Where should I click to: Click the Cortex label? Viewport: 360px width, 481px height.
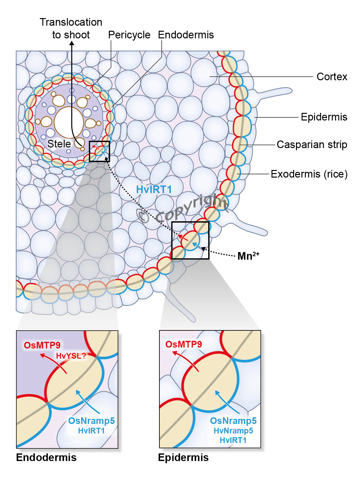[x=331, y=77]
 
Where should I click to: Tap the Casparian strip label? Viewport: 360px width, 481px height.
[x=312, y=145]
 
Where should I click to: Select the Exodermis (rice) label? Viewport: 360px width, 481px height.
[x=309, y=174]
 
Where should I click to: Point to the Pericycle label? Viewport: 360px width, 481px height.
[x=129, y=35]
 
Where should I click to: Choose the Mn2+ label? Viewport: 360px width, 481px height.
[x=248, y=256]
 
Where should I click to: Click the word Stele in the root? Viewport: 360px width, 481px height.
[x=59, y=144]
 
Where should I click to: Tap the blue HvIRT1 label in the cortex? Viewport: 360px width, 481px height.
[x=154, y=190]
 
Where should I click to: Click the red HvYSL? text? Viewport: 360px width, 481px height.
[x=71, y=356]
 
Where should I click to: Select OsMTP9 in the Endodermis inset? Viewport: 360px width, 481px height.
[x=42, y=345]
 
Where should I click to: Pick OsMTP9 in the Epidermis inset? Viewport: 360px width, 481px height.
[x=183, y=344]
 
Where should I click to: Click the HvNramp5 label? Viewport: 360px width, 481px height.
[x=233, y=431]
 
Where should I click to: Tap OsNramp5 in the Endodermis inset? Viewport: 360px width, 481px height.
[x=91, y=421]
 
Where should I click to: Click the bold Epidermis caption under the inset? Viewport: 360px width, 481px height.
[x=183, y=458]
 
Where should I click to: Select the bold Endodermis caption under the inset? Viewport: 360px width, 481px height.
[x=46, y=458]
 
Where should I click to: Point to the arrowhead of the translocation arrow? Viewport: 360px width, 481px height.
[x=72, y=44]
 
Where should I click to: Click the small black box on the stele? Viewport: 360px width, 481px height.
[x=99, y=151]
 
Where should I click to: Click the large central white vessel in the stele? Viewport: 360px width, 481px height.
[x=69, y=122]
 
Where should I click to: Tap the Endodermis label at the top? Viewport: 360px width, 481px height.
[x=186, y=35]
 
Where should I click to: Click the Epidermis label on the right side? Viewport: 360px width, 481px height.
[x=324, y=117]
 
